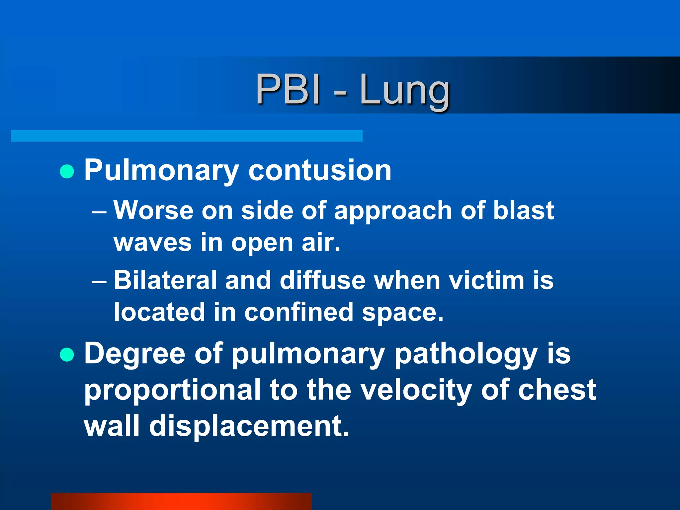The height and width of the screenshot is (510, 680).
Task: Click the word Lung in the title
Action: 404,90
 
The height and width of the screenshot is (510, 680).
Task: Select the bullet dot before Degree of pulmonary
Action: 67,354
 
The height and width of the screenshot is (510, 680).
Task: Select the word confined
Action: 299,312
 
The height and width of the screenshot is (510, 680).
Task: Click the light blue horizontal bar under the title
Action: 187,136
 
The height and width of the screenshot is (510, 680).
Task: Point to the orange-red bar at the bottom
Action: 181,501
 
